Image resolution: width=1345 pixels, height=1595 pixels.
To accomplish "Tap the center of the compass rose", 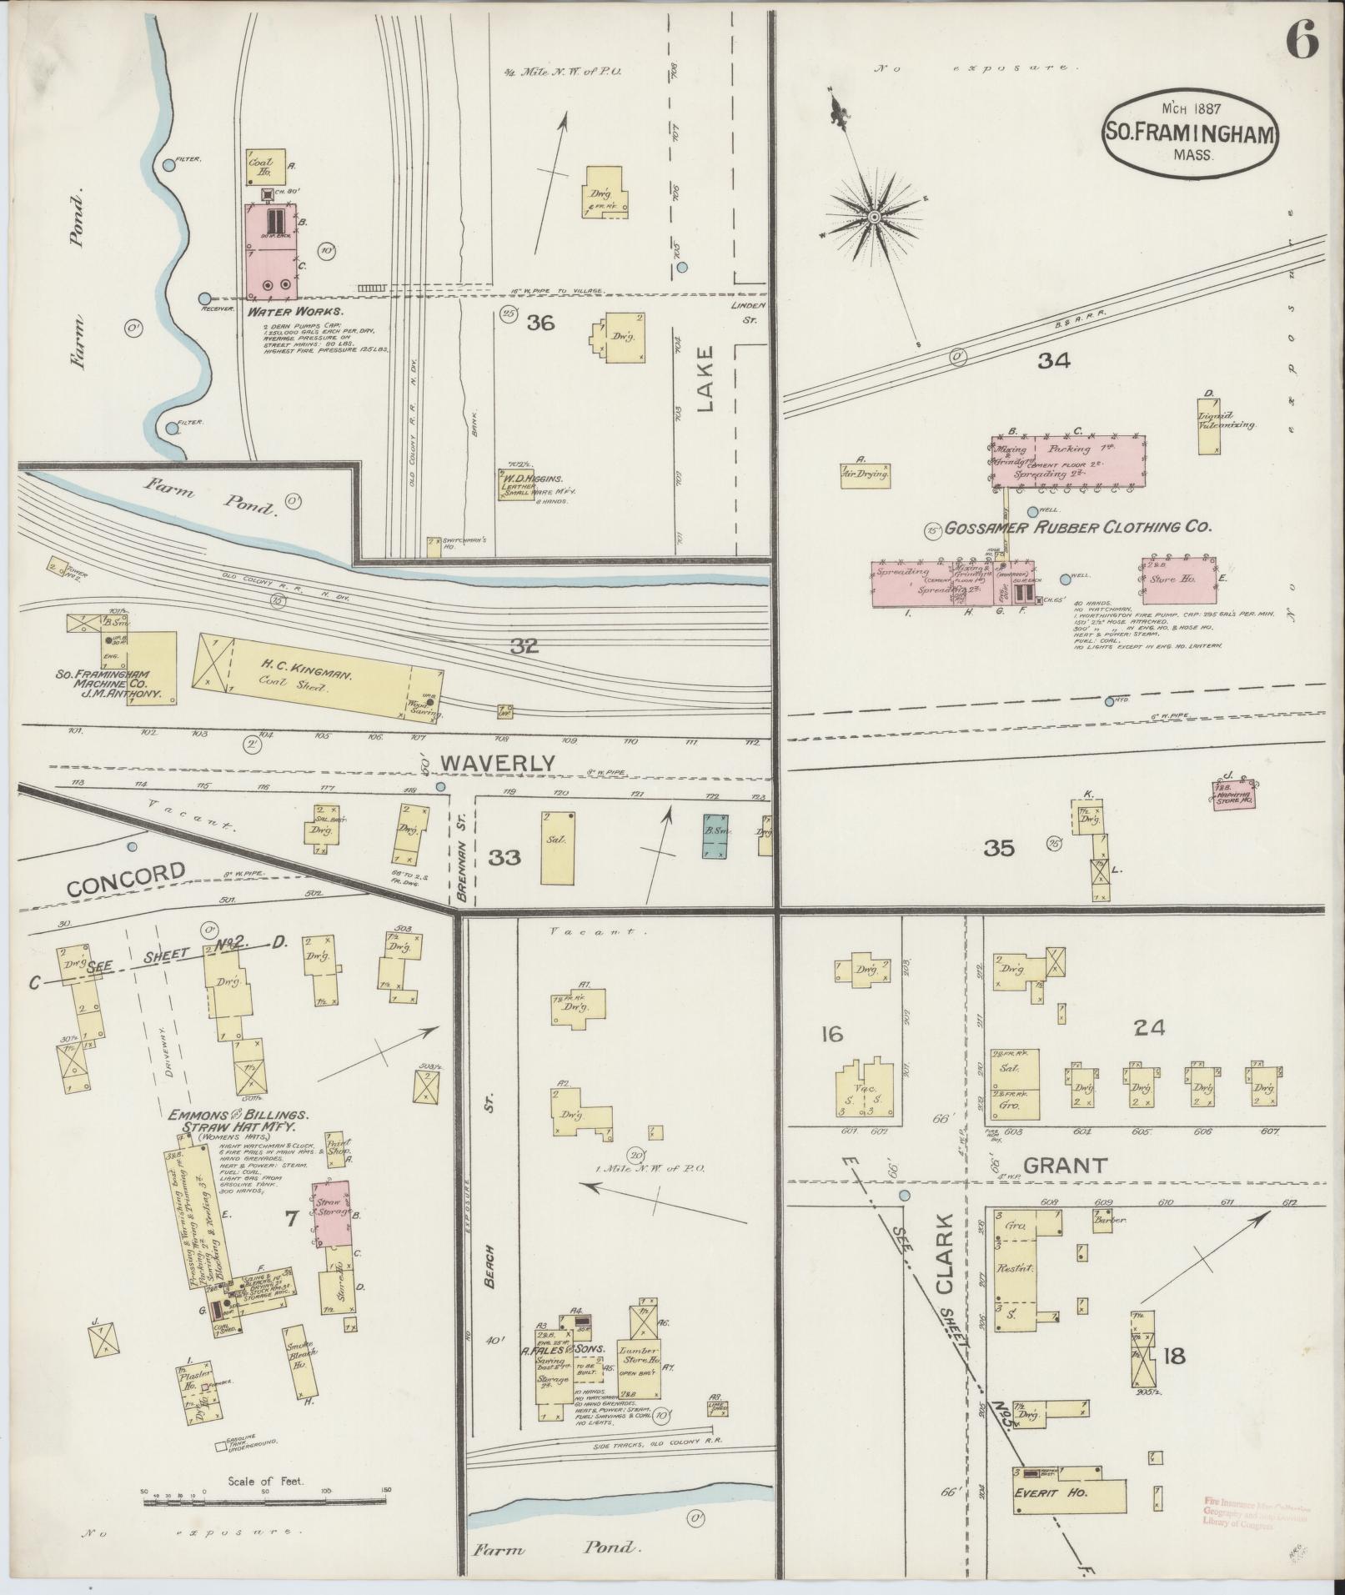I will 875,218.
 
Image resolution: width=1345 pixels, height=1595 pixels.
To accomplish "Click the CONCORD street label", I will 125,880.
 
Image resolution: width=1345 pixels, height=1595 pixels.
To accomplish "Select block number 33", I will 504,856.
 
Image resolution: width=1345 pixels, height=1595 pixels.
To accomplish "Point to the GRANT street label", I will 1064,1165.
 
